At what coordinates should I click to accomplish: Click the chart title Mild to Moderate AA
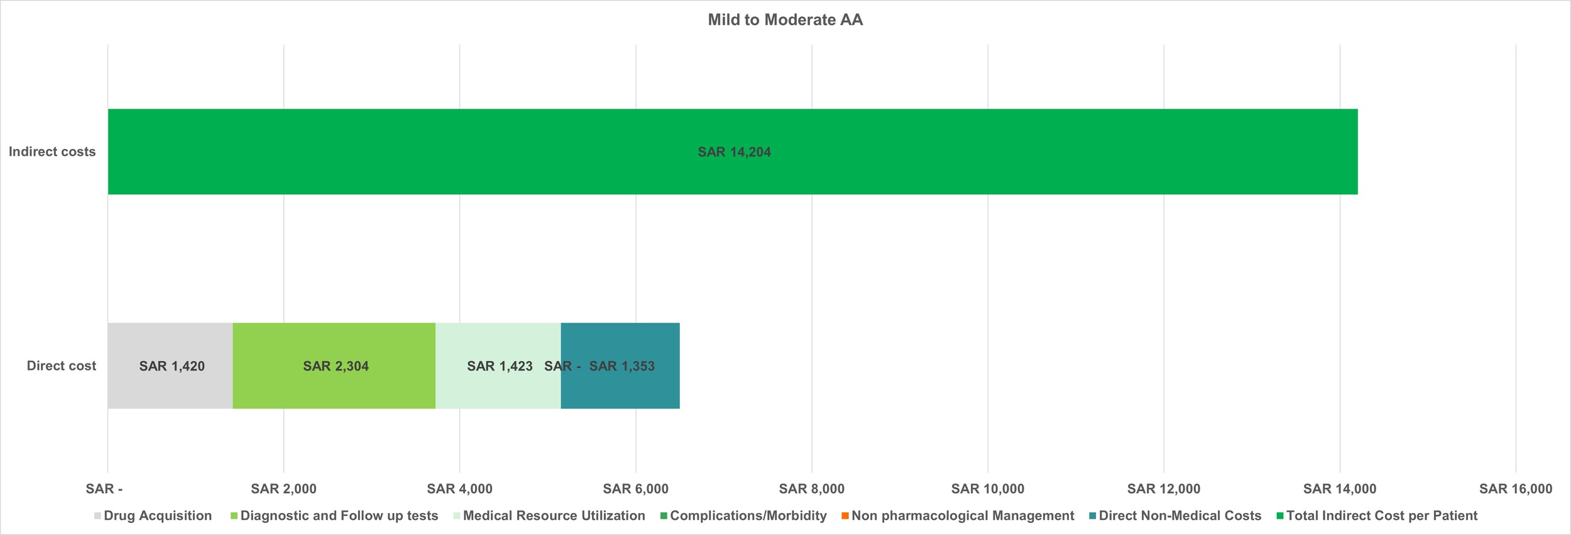(x=785, y=20)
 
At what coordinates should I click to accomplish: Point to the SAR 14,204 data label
(x=734, y=152)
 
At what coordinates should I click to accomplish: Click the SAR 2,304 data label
(x=336, y=366)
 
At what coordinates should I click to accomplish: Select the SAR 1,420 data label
(x=172, y=366)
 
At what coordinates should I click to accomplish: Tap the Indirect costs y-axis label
(x=52, y=151)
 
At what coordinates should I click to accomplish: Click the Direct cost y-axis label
(x=61, y=365)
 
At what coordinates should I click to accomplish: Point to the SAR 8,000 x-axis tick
(x=811, y=489)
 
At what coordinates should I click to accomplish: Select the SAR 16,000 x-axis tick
(x=1515, y=489)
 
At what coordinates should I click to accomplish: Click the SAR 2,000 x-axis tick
(x=283, y=489)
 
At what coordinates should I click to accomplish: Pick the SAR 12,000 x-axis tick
(x=1163, y=489)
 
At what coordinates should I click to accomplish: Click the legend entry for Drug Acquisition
(x=157, y=516)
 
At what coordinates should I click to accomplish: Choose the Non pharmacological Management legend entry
(x=962, y=516)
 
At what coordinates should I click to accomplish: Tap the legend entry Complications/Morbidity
(x=748, y=516)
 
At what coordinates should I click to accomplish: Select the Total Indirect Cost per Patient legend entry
(x=1381, y=516)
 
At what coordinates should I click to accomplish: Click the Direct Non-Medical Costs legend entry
(x=1180, y=516)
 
